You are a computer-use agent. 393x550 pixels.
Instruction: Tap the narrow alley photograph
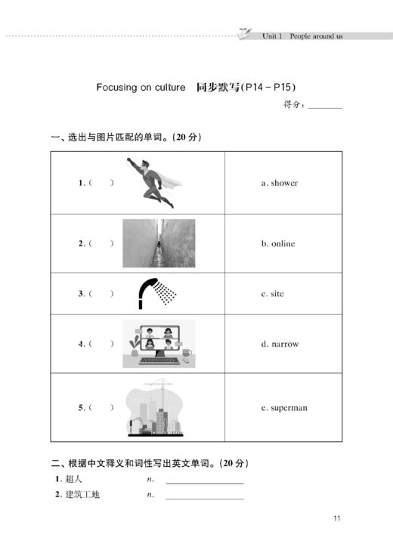[159, 243]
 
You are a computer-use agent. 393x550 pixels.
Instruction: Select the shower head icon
[157, 293]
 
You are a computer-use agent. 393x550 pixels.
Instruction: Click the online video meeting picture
[159, 344]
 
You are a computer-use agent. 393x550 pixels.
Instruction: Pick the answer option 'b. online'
[278, 244]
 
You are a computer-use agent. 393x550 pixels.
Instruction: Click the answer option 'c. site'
[273, 294]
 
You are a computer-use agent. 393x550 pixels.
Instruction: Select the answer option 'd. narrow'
[280, 345]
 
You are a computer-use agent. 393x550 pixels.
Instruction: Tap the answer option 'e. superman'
[284, 408]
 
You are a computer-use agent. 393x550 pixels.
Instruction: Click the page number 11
[337, 518]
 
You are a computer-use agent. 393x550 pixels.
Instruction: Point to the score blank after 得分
[325, 106]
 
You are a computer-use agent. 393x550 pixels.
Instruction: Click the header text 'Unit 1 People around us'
[302, 36]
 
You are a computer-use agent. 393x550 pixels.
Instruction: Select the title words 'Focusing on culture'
[141, 88]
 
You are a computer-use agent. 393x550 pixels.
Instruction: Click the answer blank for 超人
[204, 480]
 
